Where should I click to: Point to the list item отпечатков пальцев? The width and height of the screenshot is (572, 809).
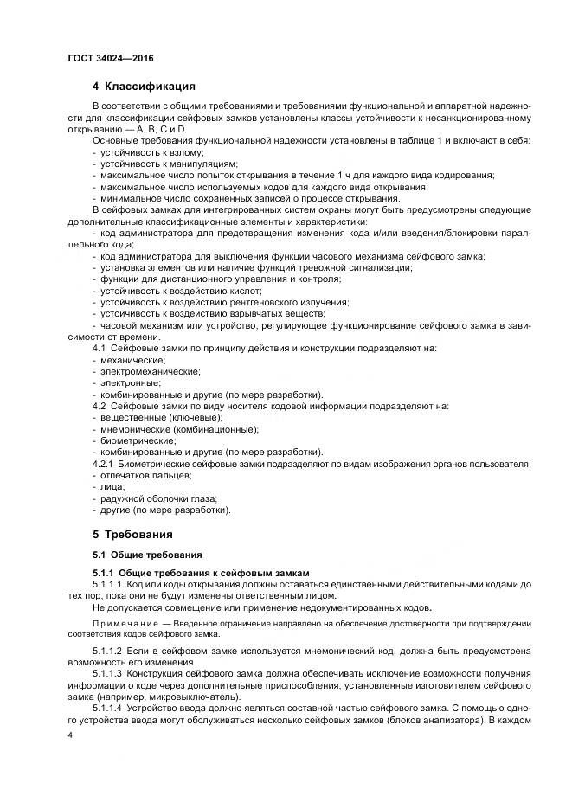click(x=144, y=474)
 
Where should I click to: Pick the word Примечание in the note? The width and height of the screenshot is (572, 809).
click(x=129, y=622)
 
